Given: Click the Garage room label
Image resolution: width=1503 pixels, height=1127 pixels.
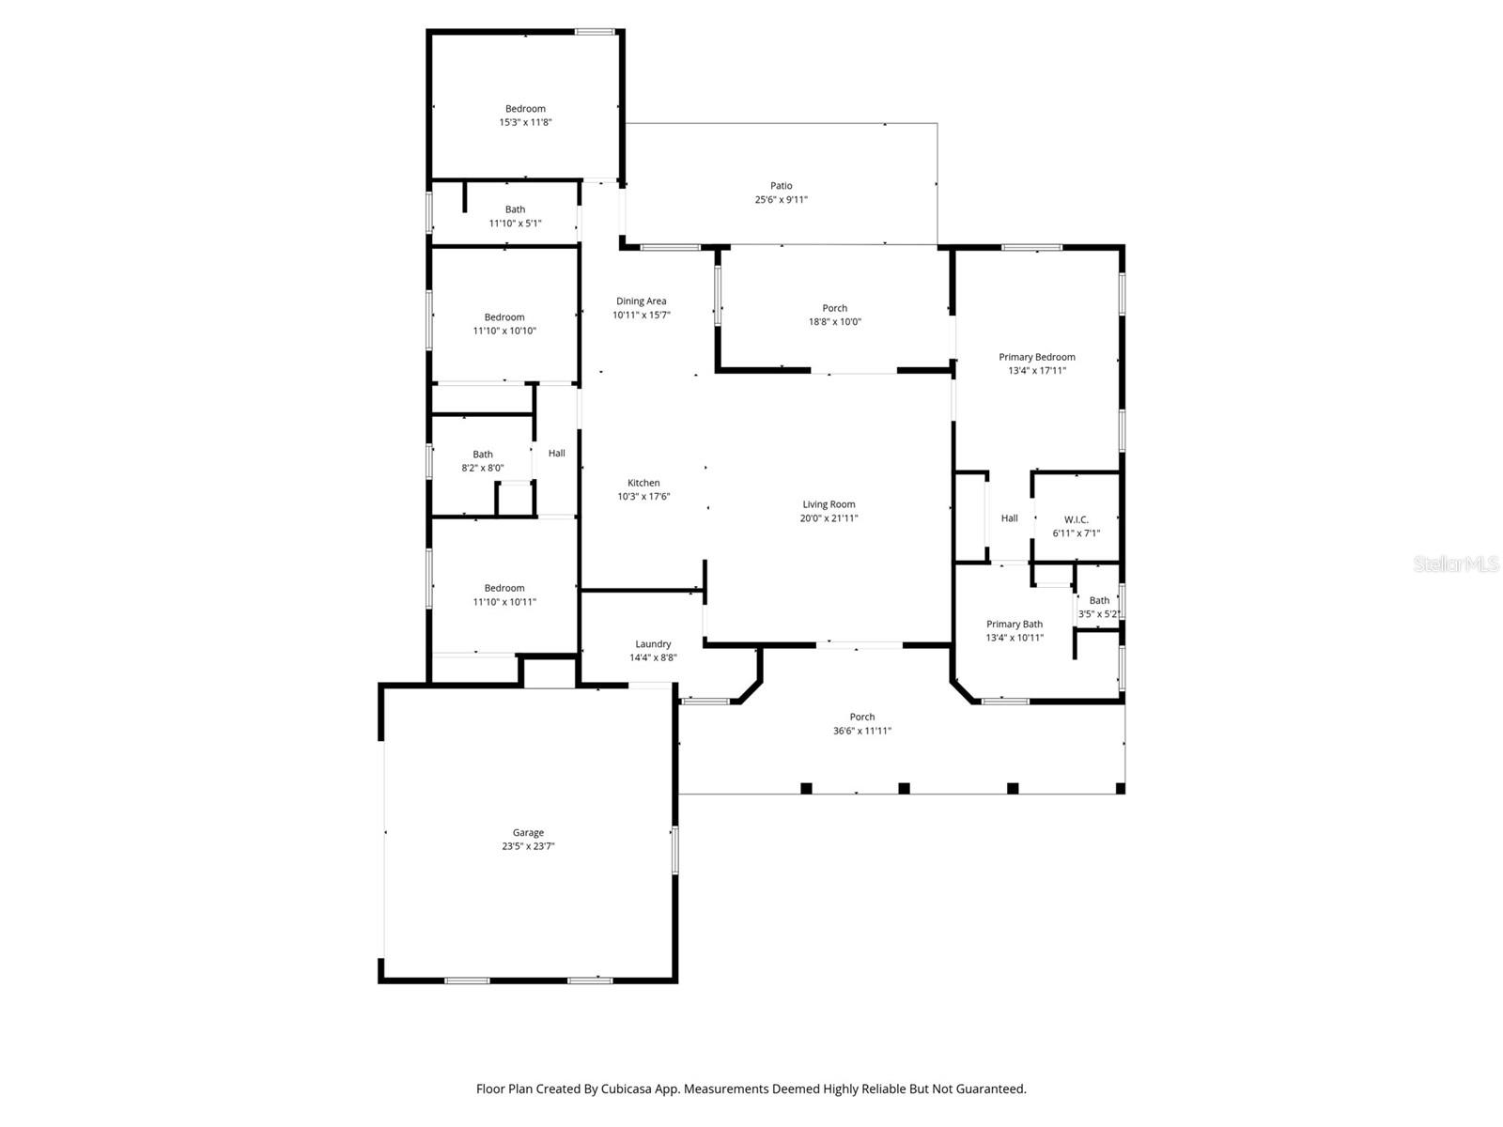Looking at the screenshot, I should point(528,832).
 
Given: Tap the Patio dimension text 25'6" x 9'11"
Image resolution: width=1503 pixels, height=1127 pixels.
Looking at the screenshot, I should point(781,199).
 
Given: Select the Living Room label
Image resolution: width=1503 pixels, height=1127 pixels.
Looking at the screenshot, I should point(829,504).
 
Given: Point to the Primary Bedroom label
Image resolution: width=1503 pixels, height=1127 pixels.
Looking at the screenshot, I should point(1036,357).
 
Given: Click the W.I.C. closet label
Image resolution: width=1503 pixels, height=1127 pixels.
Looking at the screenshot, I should point(1076,519).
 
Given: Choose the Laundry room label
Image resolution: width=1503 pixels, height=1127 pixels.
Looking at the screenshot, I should point(652,644).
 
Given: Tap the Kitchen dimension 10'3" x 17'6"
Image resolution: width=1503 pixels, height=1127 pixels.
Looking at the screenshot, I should point(643,496).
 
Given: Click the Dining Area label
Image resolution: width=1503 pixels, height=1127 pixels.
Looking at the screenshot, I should point(641,301).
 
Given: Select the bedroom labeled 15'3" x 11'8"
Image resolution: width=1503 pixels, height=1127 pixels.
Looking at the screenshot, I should point(525,115).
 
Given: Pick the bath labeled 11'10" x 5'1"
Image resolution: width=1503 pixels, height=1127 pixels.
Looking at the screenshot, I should point(515,216).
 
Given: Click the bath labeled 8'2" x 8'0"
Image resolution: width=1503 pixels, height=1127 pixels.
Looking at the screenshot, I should point(482,460).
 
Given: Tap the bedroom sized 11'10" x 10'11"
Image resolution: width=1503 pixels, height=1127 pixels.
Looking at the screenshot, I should point(504,594).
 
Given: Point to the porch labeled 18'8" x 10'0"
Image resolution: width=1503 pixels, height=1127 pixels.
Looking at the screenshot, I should point(834,315).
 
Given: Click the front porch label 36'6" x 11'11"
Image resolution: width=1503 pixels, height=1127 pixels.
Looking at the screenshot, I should point(861,723).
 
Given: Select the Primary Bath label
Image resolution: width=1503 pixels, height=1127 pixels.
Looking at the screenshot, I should point(1014,624).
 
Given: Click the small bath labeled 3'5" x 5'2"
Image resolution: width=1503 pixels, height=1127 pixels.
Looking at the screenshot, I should point(1098,607).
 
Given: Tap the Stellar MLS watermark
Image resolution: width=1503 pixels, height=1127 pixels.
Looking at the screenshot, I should point(1455,564).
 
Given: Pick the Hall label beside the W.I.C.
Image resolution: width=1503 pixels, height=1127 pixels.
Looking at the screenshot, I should point(1009,517).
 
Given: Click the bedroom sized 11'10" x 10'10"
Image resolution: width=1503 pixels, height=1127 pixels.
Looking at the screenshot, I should point(504,324).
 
